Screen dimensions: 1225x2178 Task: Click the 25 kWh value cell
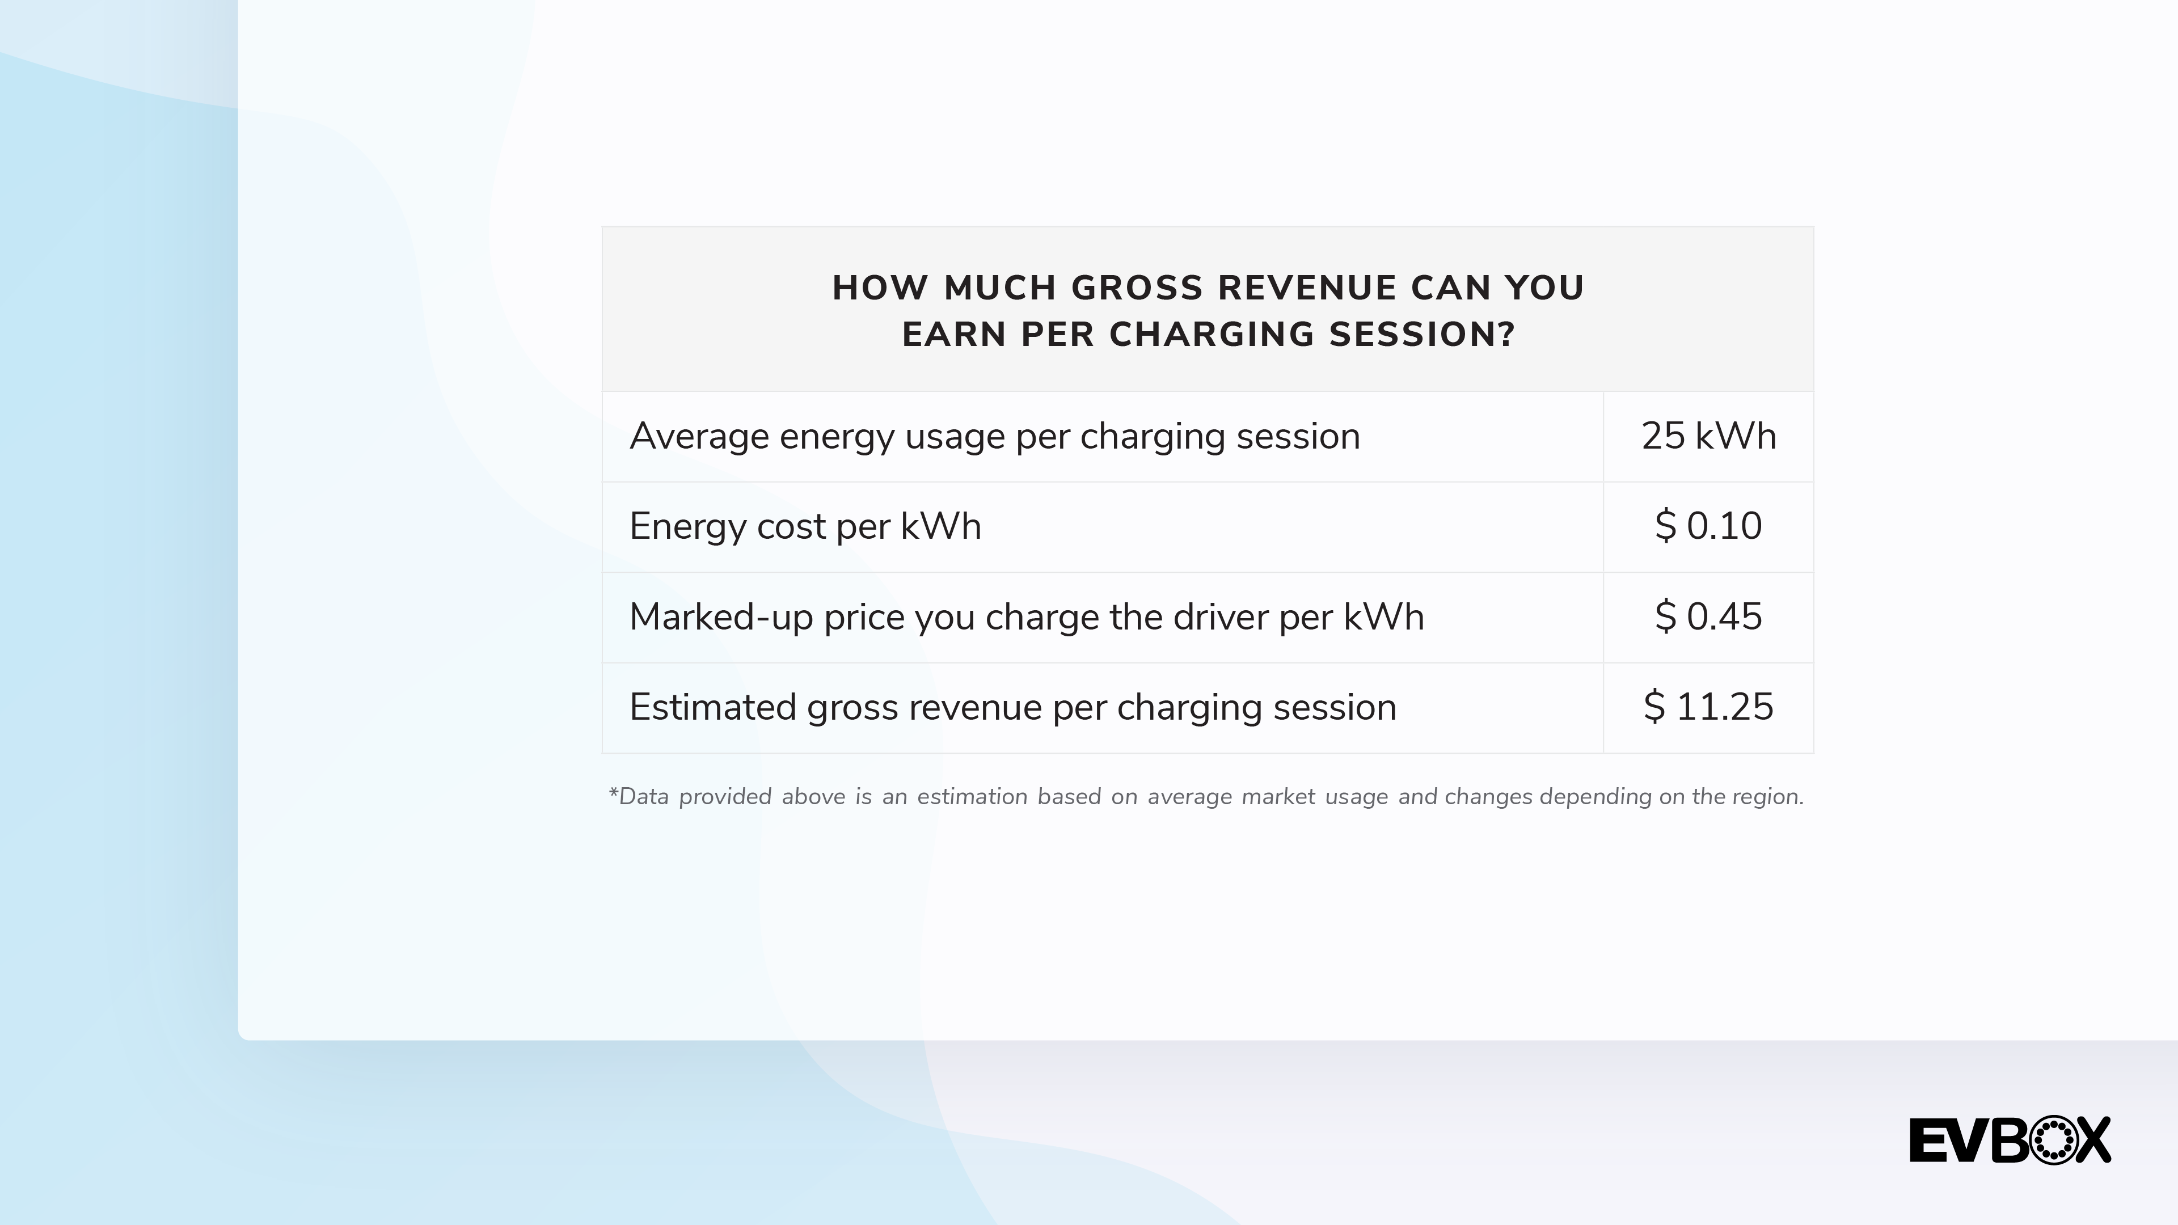pyautogui.click(x=1708, y=436)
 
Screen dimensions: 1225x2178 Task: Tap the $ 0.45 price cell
pyautogui.click(x=1708, y=617)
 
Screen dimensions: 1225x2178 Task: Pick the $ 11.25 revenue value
pyautogui.click(x=1708, y=707)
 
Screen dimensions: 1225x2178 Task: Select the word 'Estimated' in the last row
pyautogui.click(x=713, y=707)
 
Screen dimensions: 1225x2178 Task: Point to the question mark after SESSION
pyautogui.click(x=1506, y=335)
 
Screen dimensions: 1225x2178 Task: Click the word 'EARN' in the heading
pyautogui.click(x=955, y=335)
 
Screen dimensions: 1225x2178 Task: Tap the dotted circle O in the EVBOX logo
pyautogui.click(x=2053, y=1140)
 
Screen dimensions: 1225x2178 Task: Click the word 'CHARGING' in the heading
pyautogui.click(x=1212, y=335)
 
